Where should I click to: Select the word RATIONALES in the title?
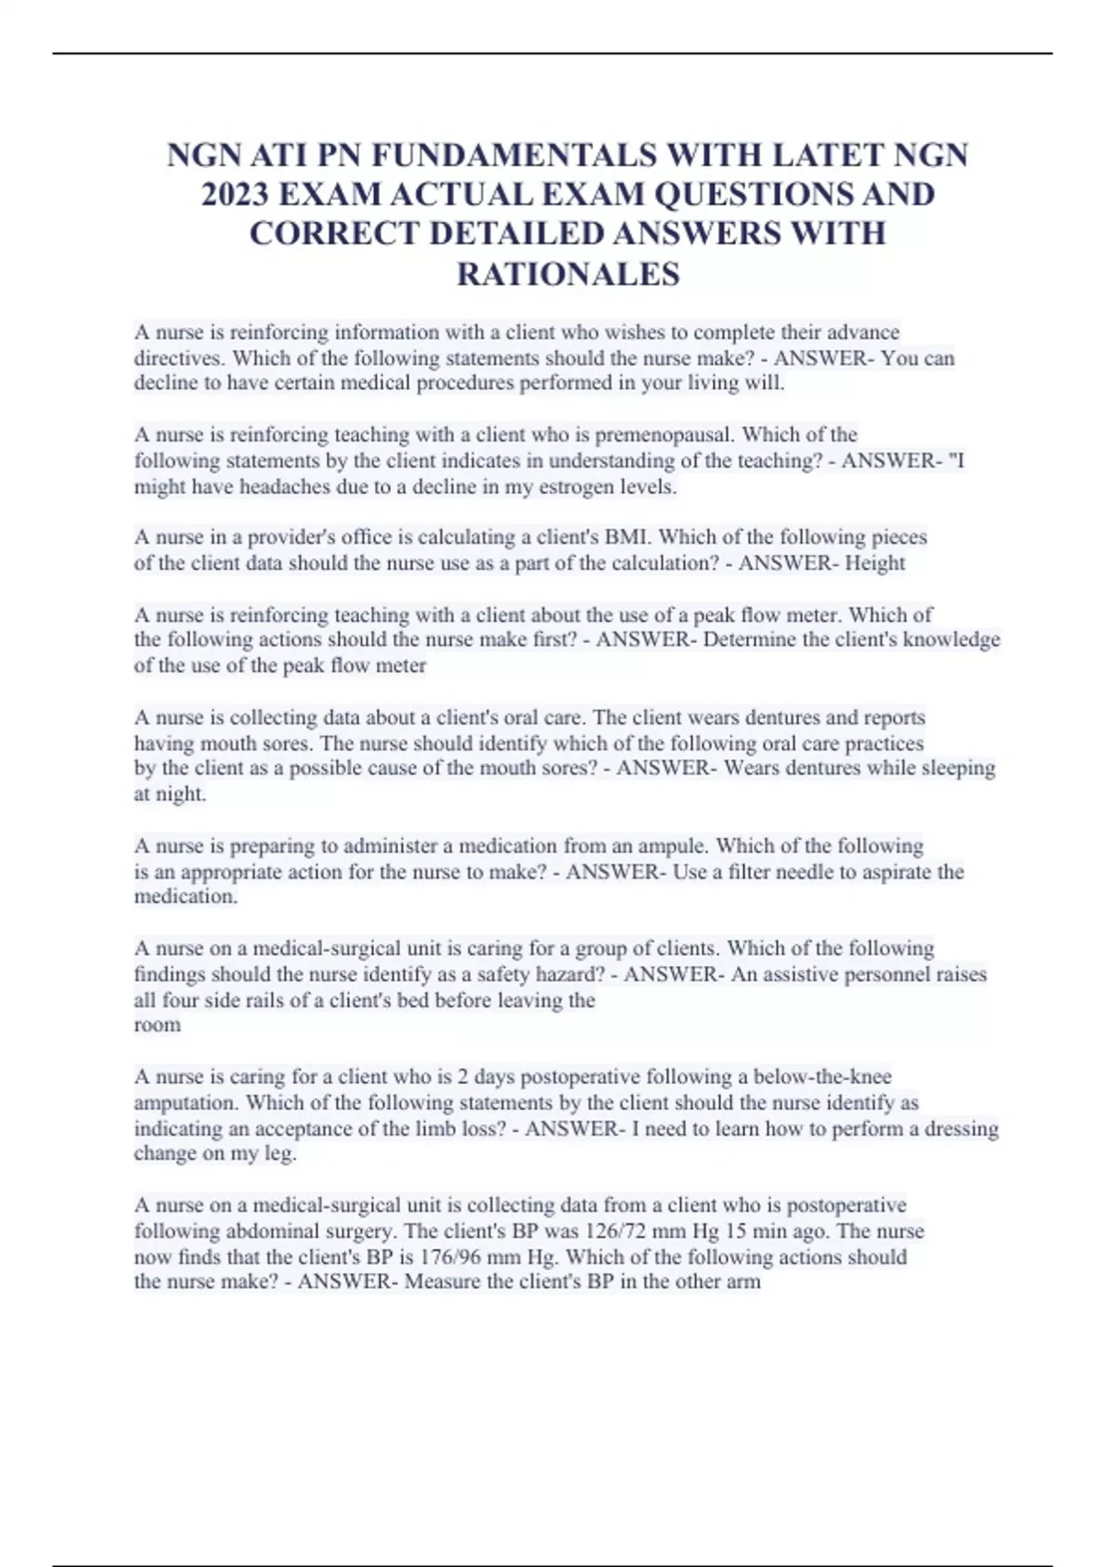coord(568,274)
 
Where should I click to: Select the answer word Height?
coord(875,562)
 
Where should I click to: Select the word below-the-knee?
coord(822,1076)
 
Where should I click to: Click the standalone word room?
coord(158,1024)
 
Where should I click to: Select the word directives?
coord(177,358)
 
